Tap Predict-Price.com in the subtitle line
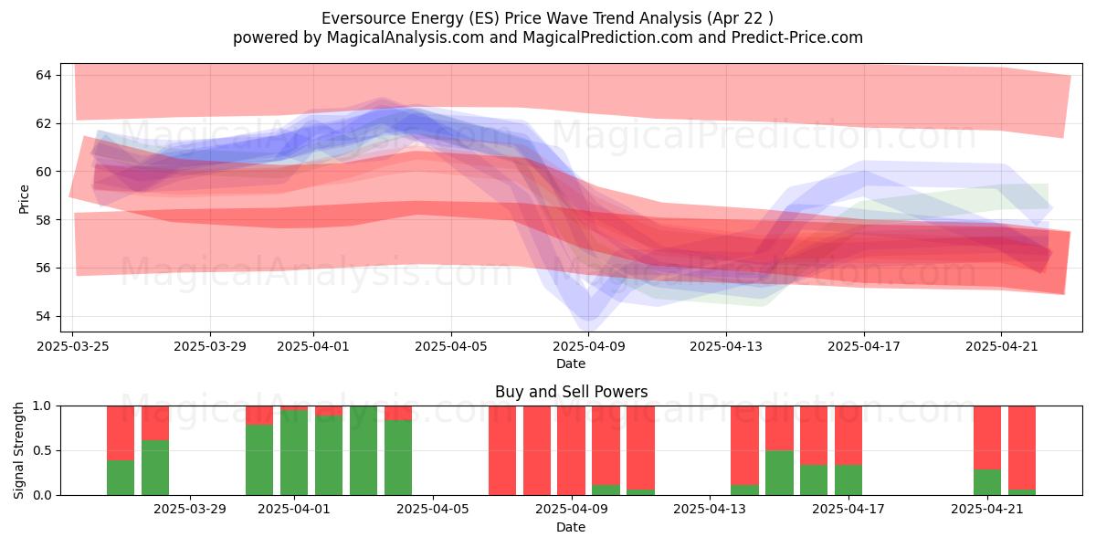pos(797,37)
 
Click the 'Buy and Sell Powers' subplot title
pos(571,392)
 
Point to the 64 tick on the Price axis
pos(43,75)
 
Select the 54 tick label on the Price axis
pos(43,316)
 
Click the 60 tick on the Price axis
pos(43,172)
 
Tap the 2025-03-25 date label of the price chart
pos(73,346)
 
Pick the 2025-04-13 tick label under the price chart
pos(726,346)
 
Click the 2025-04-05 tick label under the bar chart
pos(433,509)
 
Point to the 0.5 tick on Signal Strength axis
pos(42,450)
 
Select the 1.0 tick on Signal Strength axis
pos(42,406)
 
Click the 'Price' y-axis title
pos(24,199)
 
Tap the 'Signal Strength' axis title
pos(18,450)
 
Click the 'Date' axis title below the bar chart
pos(571,527)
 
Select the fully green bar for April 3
pos(364,450)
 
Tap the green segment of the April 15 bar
pos(779,473)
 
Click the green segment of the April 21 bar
pos(987,482)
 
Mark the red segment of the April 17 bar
pos(848,436)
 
